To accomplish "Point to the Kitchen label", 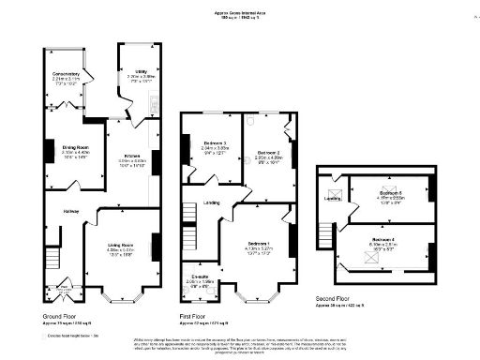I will click(x=130, y=157).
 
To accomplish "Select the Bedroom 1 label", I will click(x=259, y=244).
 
